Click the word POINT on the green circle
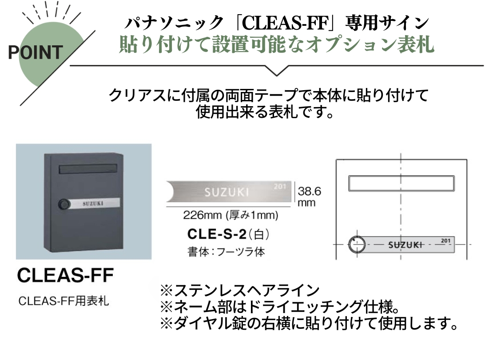point(36,52)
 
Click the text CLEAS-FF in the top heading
point(285,23)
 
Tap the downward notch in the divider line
point(277,71)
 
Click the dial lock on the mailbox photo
point(64,204)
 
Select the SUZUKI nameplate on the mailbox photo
point(95,203)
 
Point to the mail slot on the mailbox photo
point(88,169)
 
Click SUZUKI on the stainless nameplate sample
point(227,192)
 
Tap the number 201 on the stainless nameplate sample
point(279,186)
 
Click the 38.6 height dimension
point(310,191)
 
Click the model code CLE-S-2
point(217,234)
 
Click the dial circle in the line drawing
point(357,244)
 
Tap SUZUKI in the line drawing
point(405,245)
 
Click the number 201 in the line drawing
point(445,241)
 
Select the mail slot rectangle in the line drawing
point(401,184)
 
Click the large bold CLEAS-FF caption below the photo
point(65,276)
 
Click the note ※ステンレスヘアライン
point(240,291)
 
